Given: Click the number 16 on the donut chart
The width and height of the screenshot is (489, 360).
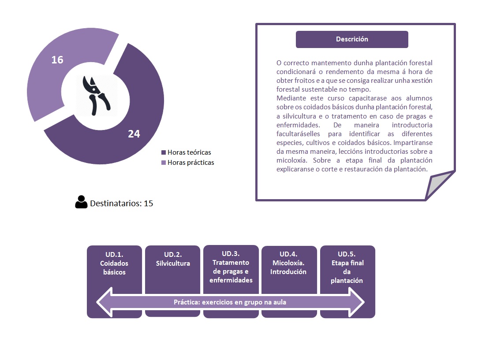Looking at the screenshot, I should click(x=57, y=59).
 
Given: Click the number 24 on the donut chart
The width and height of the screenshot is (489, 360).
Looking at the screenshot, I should click(x=134, y=134).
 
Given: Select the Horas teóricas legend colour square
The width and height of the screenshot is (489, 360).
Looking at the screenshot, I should click(x=164, y=152).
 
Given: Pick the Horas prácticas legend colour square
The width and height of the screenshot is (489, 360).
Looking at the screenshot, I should click(x=164, y=163).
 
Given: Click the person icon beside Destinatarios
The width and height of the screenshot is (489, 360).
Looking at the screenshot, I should click(x=81, y=202).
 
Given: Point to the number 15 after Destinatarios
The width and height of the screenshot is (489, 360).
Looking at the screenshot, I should click(x=149, y=204).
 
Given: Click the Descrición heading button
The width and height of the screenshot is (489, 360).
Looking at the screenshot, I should click(x=352, y=39).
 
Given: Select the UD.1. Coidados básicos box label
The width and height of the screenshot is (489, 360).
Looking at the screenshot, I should click(x=114, y=263).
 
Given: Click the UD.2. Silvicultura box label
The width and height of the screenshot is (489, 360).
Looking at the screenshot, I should click(x=173, y=259).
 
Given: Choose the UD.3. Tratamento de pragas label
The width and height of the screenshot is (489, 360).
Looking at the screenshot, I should click(x=231, y=267).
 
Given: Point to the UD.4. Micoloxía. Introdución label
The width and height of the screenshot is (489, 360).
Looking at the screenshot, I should click(x=288, y=263).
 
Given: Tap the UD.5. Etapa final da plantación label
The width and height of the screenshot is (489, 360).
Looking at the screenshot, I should click(x=347, y=267).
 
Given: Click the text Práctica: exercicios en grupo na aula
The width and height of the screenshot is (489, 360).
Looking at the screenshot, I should click(x=230, y=302).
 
